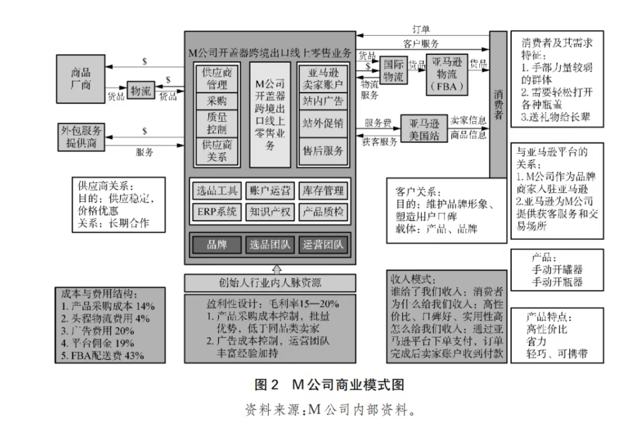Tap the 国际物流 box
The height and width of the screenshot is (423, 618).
(x=392, y=69)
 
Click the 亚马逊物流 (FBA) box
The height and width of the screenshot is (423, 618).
(x=447, y=74)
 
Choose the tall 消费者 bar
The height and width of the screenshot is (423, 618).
(x=498, y=103)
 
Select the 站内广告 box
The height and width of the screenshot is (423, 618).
(x=322, y=101)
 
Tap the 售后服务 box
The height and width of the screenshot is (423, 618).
(x=322, y=151)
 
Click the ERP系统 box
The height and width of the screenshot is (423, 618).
(x=216, y=212)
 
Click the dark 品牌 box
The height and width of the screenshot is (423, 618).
(x=216, y=244)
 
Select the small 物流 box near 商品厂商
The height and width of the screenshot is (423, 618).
(x=140, y=91)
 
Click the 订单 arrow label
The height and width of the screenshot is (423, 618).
(x=421, y=29)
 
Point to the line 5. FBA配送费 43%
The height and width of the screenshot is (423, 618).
(x=104, y=356)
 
